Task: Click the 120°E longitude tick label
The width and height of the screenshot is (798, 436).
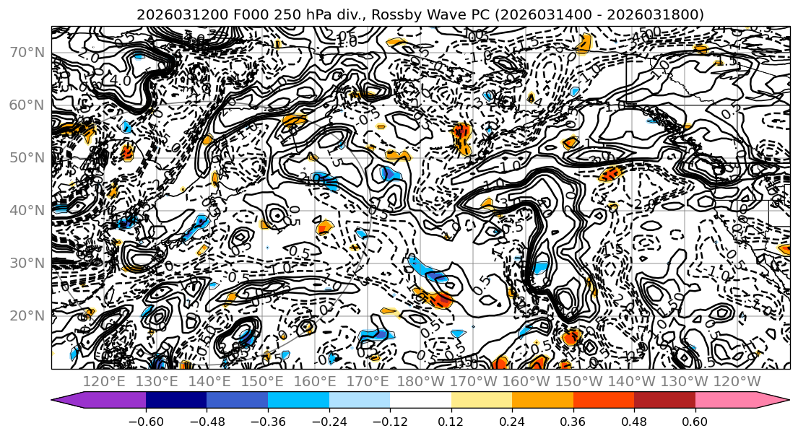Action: (x=105, y=381)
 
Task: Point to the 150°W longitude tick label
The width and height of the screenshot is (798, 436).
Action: (x=580, y=381)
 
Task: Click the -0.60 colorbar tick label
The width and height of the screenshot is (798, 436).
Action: (x=146, y=421)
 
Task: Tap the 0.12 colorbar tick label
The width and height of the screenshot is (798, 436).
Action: (x=451, y=421)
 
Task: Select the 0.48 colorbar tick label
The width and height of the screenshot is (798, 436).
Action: (x=634, y=421)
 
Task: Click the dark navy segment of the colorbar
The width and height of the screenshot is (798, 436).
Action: (x=176, y=401)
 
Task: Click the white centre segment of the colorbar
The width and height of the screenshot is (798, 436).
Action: (x=420, y=401)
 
